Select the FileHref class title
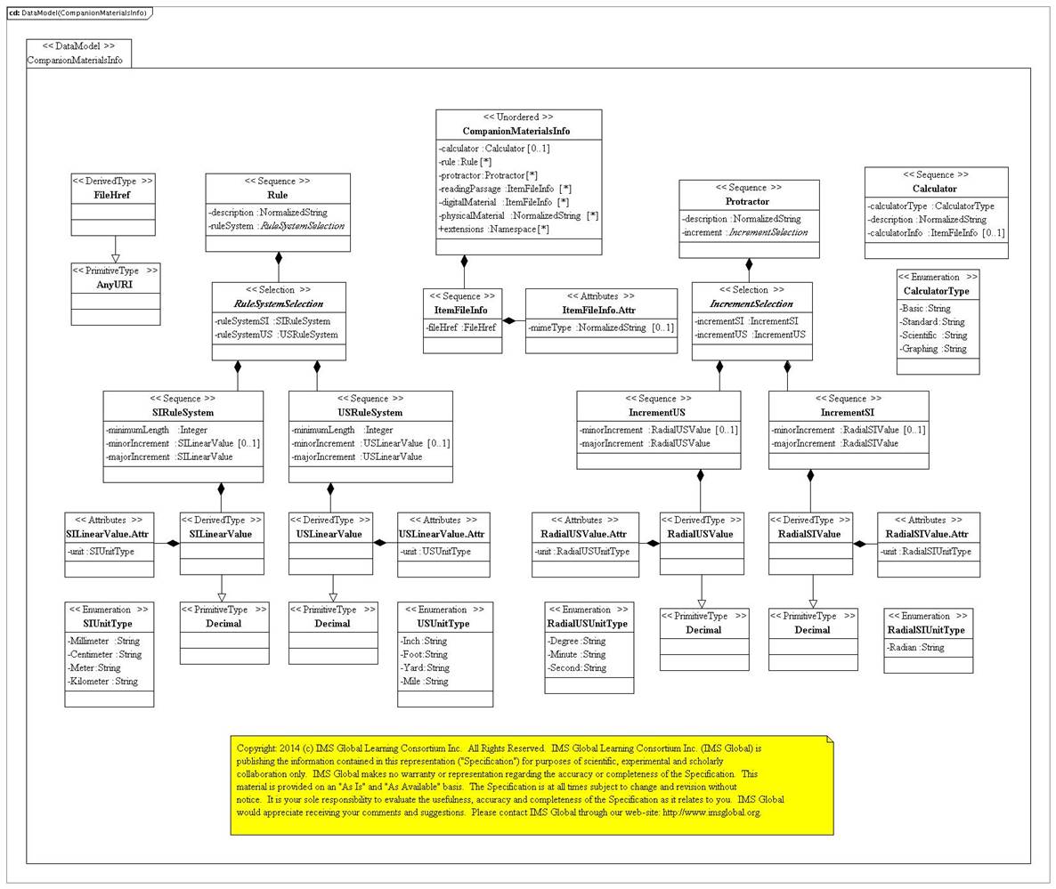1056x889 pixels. click(112, 194)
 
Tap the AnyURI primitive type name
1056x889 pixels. click(115, 283)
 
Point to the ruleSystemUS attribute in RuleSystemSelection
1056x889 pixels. click(277, 335)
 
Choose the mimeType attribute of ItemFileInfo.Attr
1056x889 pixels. click(601, 327)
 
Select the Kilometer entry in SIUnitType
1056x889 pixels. click(102, 682)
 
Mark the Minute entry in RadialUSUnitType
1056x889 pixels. click(577, 654)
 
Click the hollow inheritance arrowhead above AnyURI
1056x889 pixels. click(115, 256)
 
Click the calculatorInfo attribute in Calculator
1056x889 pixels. click(935, 233)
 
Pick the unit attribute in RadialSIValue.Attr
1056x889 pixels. click(926, 552)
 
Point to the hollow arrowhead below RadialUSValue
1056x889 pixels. click(702, 603)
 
